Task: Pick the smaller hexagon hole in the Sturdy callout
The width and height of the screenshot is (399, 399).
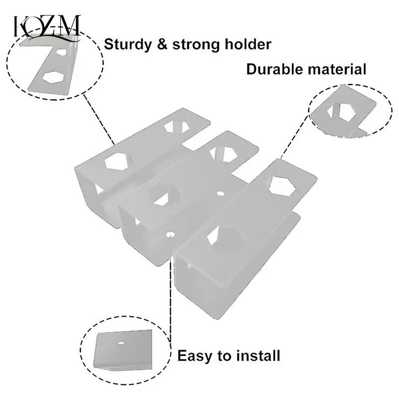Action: pos(61,51)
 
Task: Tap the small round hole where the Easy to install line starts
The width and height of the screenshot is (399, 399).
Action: pos(171,233)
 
